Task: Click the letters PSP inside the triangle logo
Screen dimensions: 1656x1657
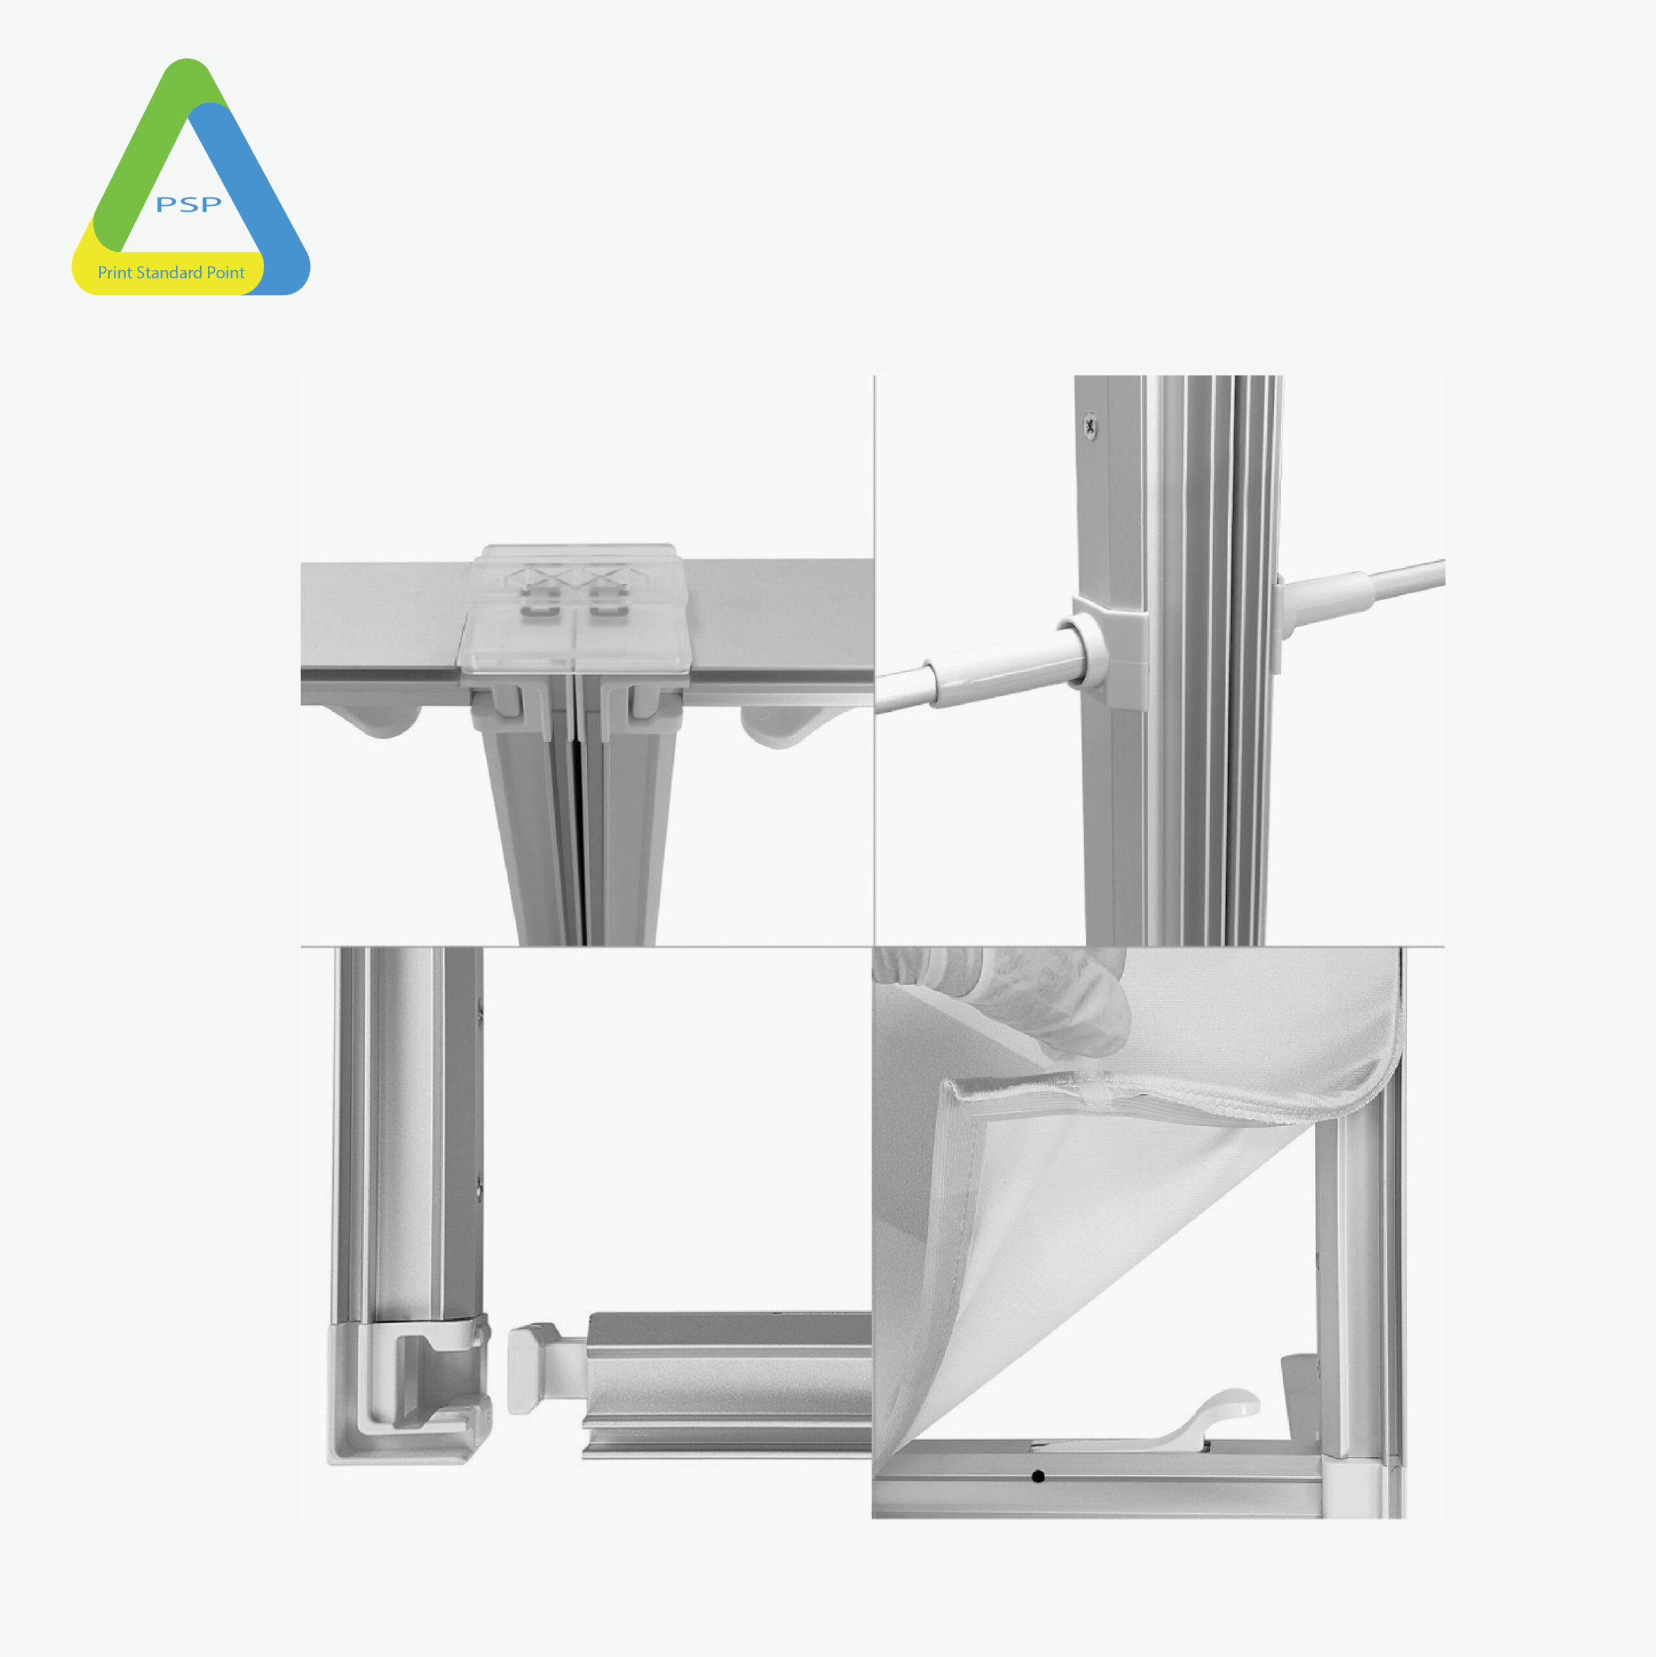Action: [189, 204]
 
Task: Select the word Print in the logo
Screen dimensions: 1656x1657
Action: [115, 272]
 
